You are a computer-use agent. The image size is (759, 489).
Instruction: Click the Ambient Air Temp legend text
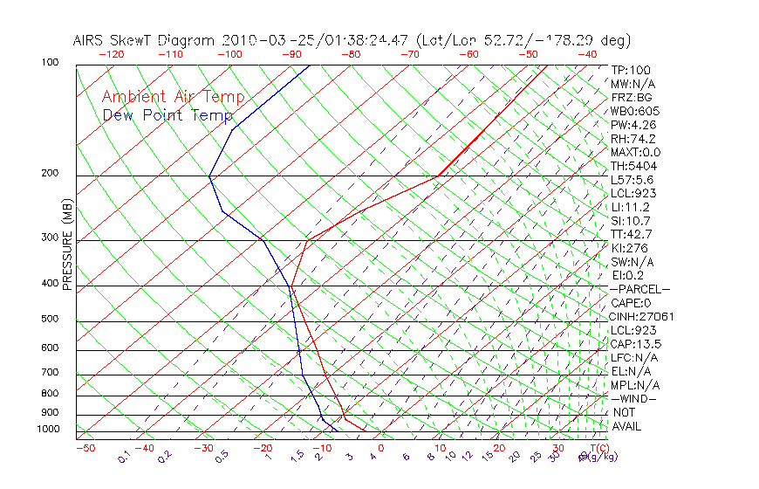(173, 97)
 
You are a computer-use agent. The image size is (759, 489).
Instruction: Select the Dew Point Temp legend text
(168, 115)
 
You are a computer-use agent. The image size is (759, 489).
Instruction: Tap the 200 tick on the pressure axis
(50, 173)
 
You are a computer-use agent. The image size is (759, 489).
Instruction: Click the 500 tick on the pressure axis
(50, 319)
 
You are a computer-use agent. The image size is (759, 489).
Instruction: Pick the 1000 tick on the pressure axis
(47, 429)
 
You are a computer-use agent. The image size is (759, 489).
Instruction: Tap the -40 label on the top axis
(587, 54)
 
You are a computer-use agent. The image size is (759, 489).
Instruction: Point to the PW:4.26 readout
(632, 125)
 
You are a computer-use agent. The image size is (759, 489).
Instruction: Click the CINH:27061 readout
(643, 316)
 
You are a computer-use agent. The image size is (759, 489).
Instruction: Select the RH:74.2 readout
(632, 139)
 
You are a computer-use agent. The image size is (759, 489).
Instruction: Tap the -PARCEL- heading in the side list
(640, 289)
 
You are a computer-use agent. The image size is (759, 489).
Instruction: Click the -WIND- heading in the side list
(634, 398)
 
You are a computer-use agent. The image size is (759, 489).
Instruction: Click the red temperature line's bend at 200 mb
(437, 176)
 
